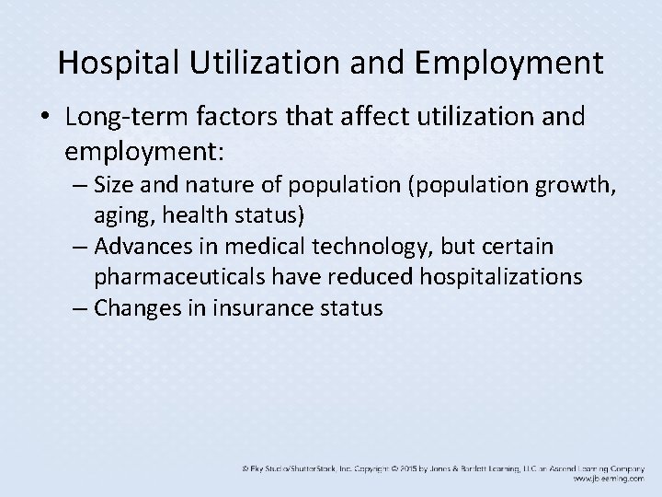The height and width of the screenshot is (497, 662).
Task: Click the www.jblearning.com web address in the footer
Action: pos(608,479)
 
